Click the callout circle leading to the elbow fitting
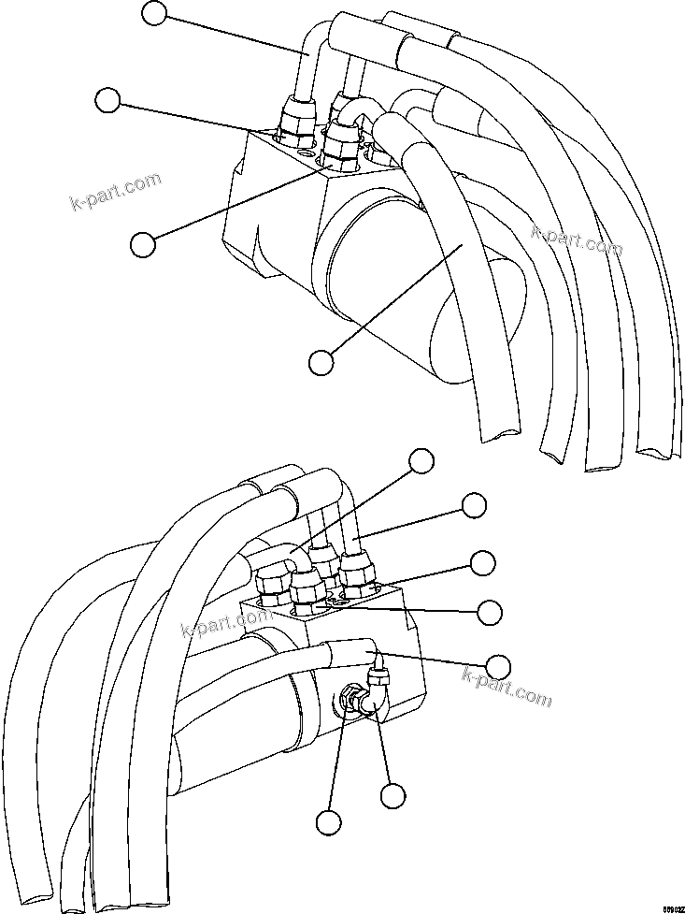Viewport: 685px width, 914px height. pyautogui.click(x=393, y=795)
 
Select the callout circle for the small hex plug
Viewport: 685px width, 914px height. pyautogui.click(x=327, y=821)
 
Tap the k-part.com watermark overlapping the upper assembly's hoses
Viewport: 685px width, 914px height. pyautogui.click(x=577, y=239)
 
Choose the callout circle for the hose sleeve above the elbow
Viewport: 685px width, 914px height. pyautogui.click(x=499, y=666)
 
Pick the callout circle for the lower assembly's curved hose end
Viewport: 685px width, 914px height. pyautogui.click(x=422, y=459)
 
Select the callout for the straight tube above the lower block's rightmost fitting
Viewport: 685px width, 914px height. pyautogui.click(x=475, y=505)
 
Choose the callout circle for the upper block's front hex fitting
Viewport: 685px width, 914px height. pyautogui.click(x=143, y=243)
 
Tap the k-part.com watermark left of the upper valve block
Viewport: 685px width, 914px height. pyautogui.click(x=116, y=191)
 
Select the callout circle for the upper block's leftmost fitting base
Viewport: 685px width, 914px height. pyautogui.click(x=109, y=100)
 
